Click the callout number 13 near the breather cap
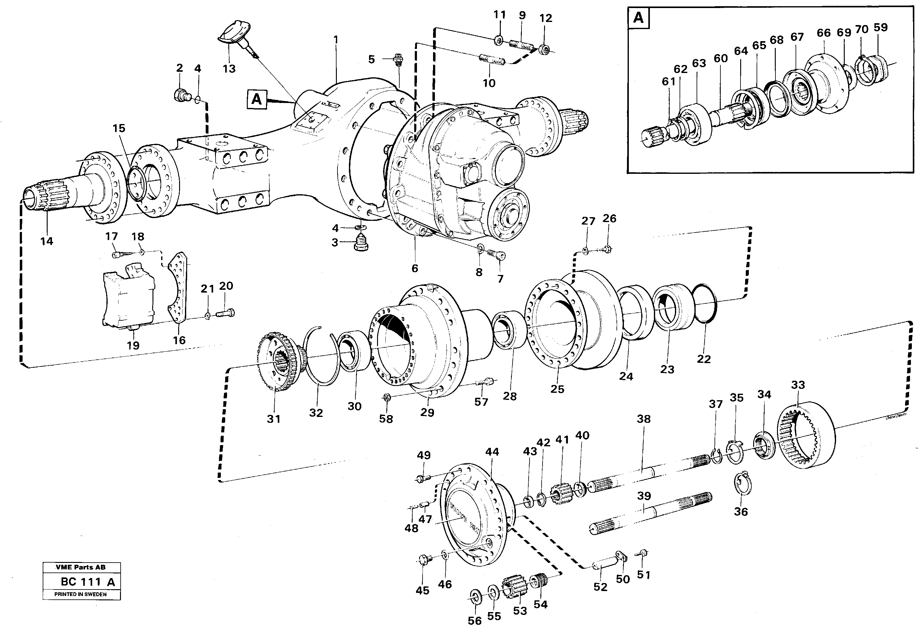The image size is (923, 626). pyautogui.click(x=229, y=69)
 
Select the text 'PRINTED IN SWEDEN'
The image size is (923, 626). pyautogui.click(x=81, y=595)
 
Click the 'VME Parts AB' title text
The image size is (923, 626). pyautogui.click(x=81, y=568)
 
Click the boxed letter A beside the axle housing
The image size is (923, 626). pyautogui.click(x=256, y=99)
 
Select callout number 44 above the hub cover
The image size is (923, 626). pyautogui.click(x=492, y=452)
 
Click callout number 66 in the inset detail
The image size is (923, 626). pyautogui.click(x=823, y=33)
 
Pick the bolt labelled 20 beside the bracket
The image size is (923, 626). pyautogui.click(x=225, y=313)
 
